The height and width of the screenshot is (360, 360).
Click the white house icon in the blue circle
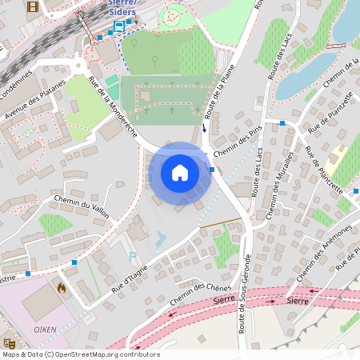180,173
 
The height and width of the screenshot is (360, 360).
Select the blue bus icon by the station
119,26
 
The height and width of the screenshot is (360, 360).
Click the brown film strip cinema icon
32,7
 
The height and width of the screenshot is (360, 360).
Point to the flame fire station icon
61,286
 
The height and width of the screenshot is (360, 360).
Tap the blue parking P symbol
133,256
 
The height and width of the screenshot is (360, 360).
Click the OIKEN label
44,328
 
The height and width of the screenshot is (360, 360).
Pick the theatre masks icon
9,342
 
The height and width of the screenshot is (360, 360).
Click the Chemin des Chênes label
196,294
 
